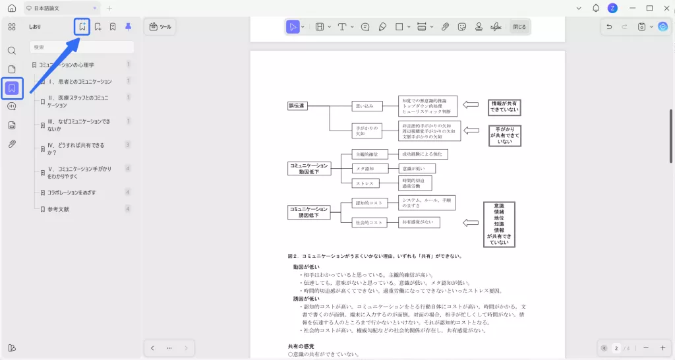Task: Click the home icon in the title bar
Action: [11, 8]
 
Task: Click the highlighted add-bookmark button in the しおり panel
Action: [82, 27]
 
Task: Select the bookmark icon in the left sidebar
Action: [12, 88]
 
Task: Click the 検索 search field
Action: [82, 47]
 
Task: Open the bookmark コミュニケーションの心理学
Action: [66, 65]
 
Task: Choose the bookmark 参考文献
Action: [58, 209]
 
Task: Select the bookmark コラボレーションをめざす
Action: [71, 193]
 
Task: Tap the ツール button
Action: [160, 27]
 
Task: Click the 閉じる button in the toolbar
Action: [519, 27]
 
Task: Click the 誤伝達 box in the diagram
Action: [298, 105]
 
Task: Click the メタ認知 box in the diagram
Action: [366, 168]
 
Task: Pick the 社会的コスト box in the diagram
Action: [368, 222]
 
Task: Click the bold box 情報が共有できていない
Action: [504, 107]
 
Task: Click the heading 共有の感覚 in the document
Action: [301, 346]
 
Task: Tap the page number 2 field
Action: [616, 347]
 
